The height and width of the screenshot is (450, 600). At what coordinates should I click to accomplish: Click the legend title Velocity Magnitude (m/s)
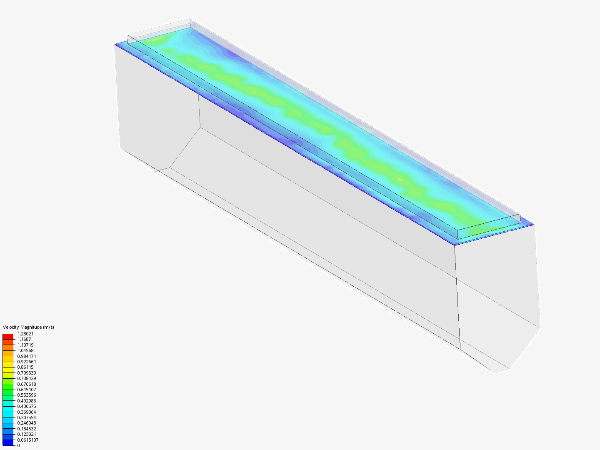28,327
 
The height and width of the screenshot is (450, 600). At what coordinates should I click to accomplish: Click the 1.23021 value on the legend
25,334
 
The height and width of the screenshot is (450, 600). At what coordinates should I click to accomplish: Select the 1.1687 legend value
24,339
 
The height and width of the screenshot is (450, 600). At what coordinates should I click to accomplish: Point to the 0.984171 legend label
27,356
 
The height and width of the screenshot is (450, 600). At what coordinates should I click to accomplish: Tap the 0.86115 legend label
25,367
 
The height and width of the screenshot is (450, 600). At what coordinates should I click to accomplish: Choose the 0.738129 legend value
27,378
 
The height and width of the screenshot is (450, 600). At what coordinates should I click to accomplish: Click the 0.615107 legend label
27,390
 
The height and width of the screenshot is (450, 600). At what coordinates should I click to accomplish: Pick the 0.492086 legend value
27,401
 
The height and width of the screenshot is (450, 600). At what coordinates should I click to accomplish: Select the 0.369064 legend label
27,412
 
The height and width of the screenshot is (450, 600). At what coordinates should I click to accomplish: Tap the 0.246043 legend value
27,423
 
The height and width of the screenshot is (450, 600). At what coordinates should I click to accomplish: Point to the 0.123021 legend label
27,434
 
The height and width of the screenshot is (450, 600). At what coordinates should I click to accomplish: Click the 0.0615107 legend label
28,440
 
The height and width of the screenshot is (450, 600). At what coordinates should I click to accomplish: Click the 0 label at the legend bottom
18,445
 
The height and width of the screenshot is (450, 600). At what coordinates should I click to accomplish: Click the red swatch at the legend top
8,336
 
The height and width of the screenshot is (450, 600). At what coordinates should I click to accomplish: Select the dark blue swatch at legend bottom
8,442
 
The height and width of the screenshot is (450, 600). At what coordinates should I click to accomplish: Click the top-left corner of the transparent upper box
127,35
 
